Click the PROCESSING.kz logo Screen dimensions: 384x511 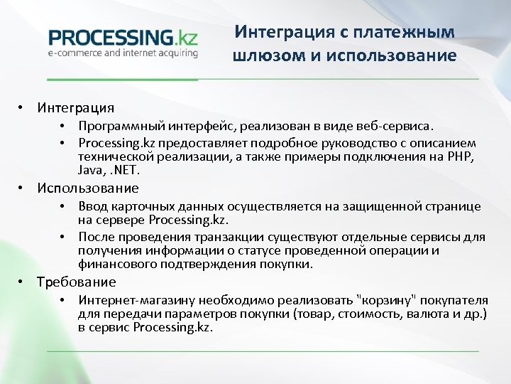point(122,37)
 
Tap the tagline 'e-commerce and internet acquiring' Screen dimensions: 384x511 point(122,53)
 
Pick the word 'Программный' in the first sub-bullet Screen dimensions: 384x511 point(121,126)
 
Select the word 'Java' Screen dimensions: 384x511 point(89,171)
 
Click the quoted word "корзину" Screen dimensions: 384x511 point(382,299)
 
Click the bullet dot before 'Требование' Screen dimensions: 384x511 point(23,281)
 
